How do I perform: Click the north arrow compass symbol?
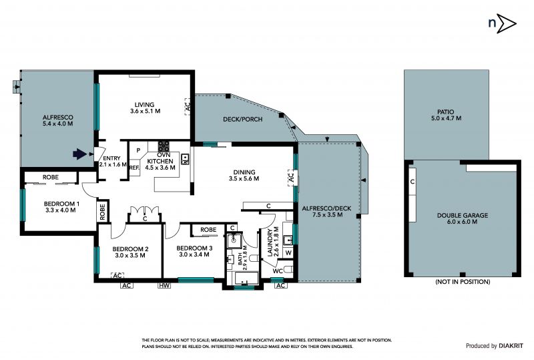click(x=503, y=23)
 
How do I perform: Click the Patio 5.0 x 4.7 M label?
click(x=446, y=115)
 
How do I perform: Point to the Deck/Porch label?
click(x=243, y=120)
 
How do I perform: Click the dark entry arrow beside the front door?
click(x=79, y=154)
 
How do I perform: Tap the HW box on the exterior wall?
click(x=164, y=285)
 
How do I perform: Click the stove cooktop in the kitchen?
click(x=164, y=146)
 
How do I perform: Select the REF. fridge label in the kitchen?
click(x=134, y=168)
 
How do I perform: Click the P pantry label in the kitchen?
click(x=138, y=150)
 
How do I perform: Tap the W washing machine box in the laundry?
click(x=288, y=252)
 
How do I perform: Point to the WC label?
click(x=278, y=271)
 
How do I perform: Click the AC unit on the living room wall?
click(x=188, y=106)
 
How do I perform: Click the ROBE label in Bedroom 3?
click(x=208, y=230)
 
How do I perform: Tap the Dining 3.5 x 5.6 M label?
click(x=244, y=175)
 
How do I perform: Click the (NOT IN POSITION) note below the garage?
click(x=463, y=282)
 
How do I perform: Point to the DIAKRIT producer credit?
click(x=511, y=346)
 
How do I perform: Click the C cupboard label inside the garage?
click(x=413, y=182)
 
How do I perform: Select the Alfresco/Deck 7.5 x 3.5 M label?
click(x=322, y=211)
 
